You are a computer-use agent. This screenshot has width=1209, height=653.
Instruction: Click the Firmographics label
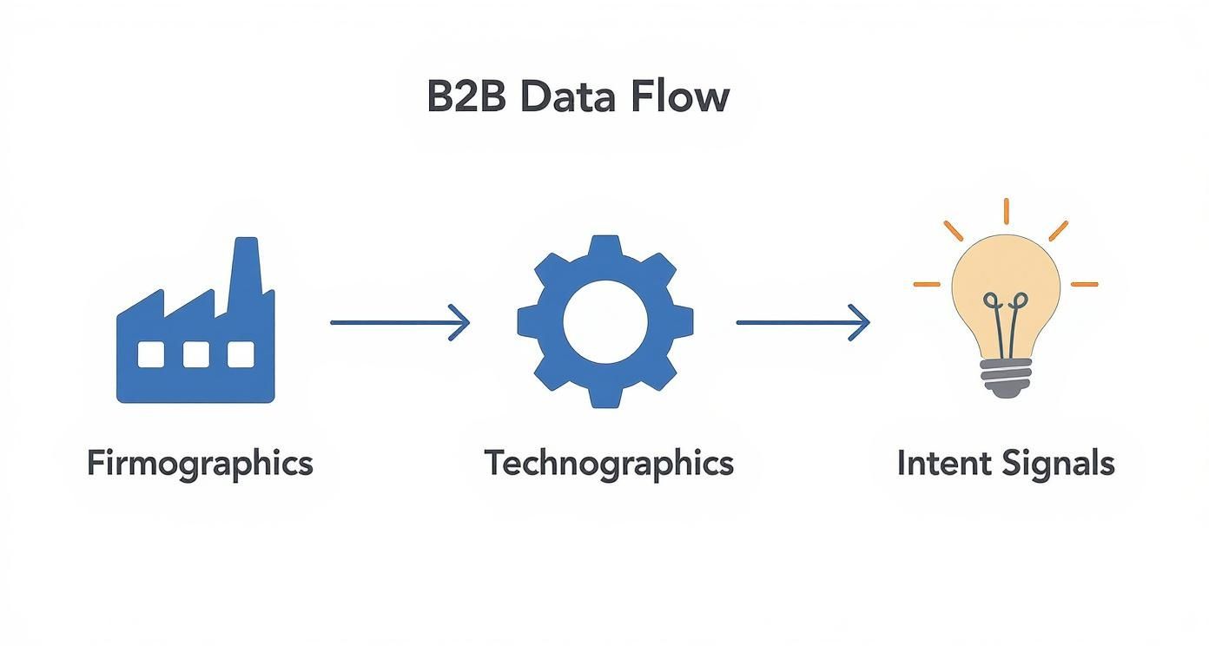(200, 462)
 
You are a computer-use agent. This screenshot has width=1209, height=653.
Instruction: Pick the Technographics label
(608, 462)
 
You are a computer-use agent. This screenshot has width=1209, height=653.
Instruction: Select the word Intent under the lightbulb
(943, 462)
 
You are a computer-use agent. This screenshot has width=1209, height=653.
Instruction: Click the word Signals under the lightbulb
(1058, 464)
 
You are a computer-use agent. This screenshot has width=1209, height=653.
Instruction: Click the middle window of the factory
(195, 353)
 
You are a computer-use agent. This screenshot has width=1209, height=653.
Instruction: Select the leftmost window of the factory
(151, 353)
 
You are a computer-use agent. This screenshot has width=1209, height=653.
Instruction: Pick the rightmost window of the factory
(241, 353)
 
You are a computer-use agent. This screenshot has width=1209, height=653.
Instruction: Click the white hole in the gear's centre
(605, 322)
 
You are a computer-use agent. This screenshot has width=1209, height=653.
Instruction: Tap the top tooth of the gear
(605, 247)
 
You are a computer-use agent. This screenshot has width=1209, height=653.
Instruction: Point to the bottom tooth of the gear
(605, 397)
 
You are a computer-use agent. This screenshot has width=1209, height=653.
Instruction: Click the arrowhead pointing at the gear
(461, 322)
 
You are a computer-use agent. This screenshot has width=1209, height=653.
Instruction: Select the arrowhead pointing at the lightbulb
(862, 322)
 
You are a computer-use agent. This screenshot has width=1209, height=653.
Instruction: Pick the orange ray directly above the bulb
(1006, 211)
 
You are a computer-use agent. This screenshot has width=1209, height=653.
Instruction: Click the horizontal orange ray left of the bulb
(927, 284)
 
